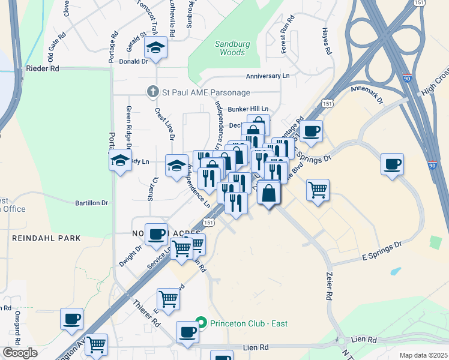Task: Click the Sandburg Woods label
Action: (230, 48)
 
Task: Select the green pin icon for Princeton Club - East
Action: (203, 323)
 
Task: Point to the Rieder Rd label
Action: (43, 69)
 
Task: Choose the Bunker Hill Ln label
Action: (247, 109)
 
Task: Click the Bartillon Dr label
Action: (91, 203)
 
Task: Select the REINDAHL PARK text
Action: (46, 238)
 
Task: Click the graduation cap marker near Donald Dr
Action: (156, 47)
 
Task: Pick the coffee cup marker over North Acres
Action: (157, 235)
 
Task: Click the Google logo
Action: (20, 353)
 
